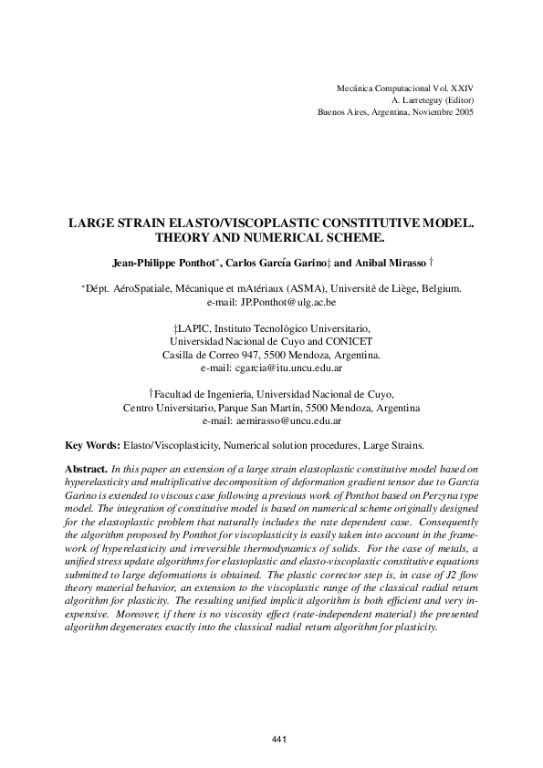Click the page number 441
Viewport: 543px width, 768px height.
(280, 739)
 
